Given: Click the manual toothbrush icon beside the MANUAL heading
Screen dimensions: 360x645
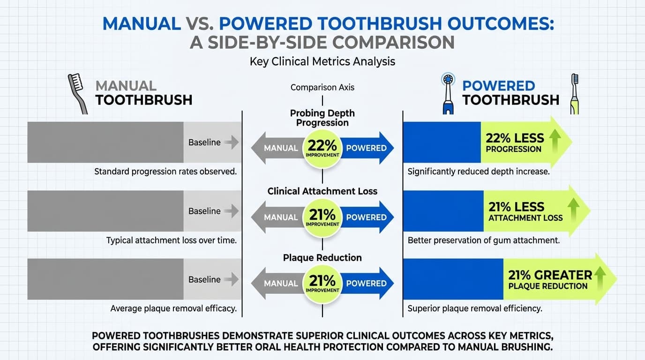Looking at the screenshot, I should point(78,93).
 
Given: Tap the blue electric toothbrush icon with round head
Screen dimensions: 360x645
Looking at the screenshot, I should point(448,93).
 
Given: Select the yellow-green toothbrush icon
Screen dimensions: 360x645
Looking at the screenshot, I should point(574,93).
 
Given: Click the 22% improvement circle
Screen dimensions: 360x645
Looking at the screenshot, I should point(322,148).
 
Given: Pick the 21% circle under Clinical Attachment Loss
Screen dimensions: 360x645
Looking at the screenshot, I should point(322,217).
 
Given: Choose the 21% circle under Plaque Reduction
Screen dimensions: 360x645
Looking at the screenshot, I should point(322,283).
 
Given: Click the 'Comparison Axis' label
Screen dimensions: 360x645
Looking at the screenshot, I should point(322,87).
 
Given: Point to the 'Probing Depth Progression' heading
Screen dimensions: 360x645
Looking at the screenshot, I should point(322,118).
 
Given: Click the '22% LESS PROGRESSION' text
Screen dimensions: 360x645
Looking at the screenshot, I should point(515,142).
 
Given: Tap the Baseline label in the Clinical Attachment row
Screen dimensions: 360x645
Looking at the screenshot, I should point(204,211).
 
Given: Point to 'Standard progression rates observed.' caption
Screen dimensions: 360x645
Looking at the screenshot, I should point(165,172).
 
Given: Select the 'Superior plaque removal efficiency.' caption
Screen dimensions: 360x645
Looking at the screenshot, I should point(475,308).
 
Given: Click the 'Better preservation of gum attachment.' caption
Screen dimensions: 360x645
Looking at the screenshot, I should point(483,240).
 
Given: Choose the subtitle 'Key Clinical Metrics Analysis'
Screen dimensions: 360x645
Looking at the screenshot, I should point(322,61).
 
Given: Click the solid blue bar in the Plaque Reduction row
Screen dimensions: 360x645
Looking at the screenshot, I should point(453,279).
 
